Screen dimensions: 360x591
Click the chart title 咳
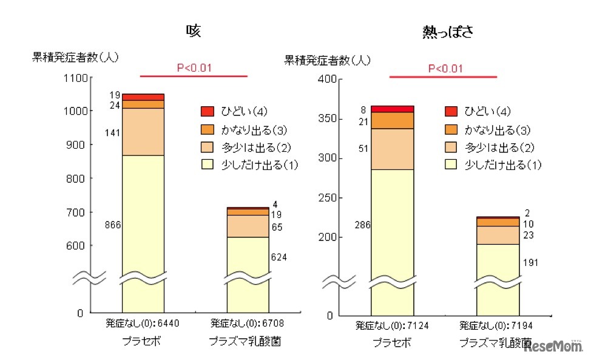194,31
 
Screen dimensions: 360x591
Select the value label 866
113,225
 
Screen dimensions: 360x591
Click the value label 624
279,257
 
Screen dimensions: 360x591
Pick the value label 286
363,225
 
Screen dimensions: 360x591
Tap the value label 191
529,263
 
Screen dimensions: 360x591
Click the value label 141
113,132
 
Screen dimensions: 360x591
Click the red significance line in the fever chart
443,77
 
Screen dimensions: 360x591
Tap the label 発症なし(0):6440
143,322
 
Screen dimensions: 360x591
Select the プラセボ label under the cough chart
143,342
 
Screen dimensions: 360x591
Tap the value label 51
363,149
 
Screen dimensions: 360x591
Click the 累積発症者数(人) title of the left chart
75,58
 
